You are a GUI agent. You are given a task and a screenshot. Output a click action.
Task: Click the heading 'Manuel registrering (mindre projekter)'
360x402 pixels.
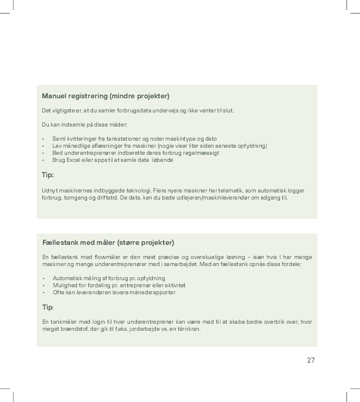coord(105,96)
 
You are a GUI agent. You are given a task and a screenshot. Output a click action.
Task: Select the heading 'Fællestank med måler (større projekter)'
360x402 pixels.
coord(108,242)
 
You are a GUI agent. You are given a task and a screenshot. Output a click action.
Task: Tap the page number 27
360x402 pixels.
coord(311,360)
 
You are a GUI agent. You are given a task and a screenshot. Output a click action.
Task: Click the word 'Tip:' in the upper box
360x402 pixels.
coord(48,175)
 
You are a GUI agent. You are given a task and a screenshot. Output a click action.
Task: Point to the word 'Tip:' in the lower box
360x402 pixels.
coord(48,307)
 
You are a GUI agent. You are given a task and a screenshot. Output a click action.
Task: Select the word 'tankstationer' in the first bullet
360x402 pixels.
coord(111,138)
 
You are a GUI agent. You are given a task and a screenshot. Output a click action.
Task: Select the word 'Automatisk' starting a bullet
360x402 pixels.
coord(66,278)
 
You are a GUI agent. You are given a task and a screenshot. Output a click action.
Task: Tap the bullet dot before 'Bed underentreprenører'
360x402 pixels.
coord(44,152)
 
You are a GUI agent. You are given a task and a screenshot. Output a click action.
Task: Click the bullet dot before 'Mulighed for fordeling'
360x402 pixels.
coord(44,285)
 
